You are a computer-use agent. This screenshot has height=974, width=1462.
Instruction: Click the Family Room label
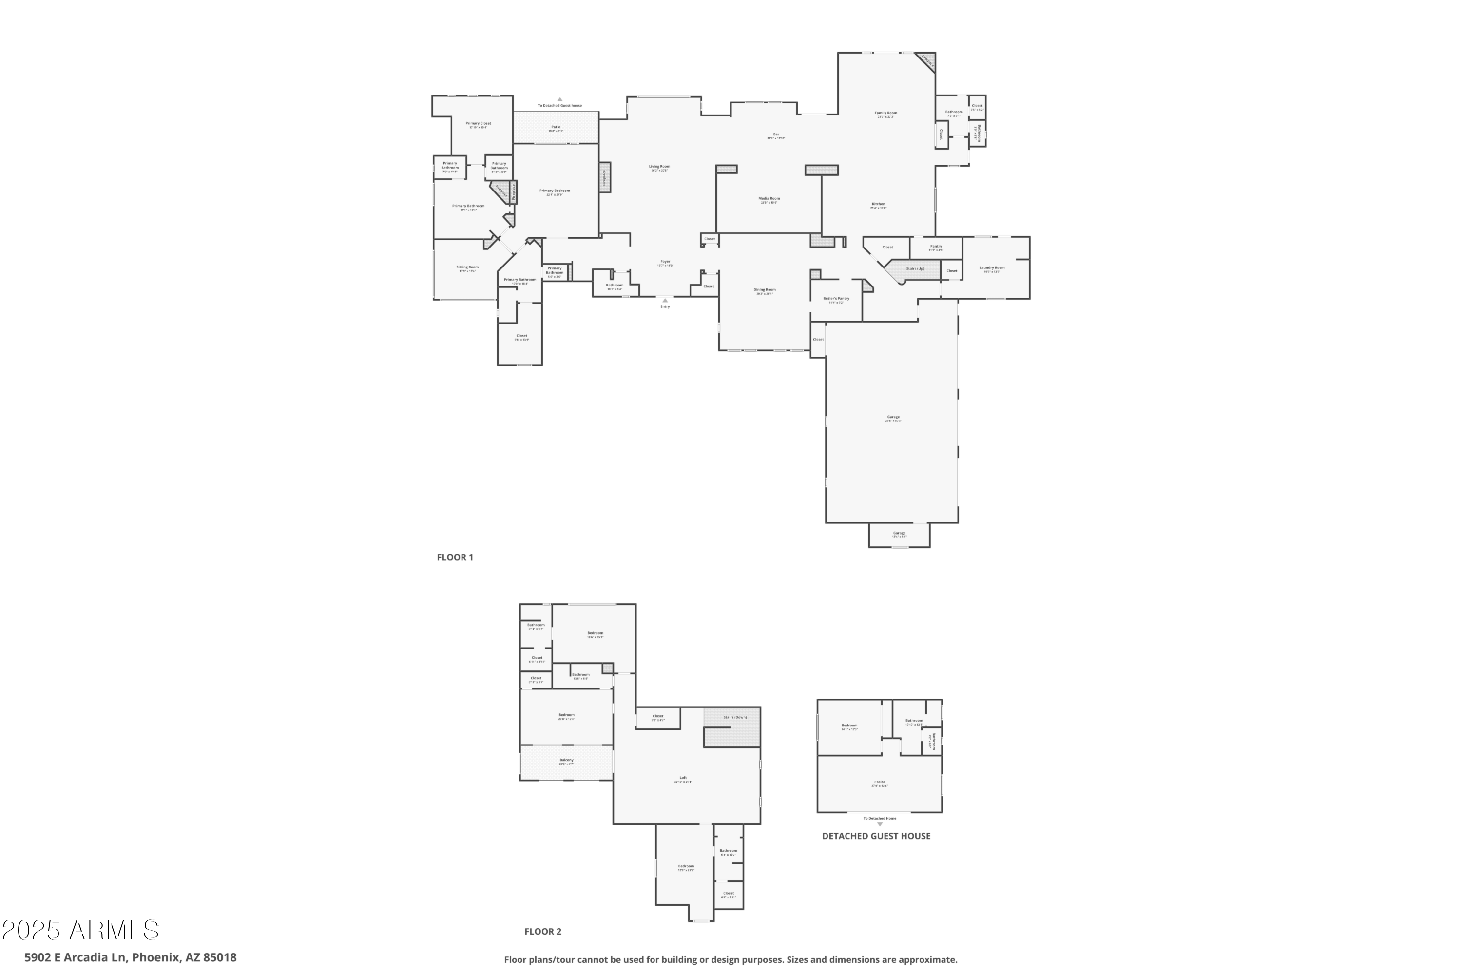pyautogui.click(x=885, y=113)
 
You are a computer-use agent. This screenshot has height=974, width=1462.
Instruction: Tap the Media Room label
pyautogui.click(x=769, y=199)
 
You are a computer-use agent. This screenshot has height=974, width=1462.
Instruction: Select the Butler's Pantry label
pyautogui.click(x=836, y=299)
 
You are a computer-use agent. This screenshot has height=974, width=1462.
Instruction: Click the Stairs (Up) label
pyautogui.click(x=915, y=269)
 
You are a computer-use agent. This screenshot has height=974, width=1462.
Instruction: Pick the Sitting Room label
pyautogui.click(x=467, y=267)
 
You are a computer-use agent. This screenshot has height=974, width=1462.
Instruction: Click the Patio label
pyautogui.click(x=556, y=127)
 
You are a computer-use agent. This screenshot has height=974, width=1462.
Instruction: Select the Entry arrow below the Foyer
pyautogui.click(x=665, y=301)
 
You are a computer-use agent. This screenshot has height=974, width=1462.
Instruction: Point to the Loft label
pyautogui.click(x=683, y=778)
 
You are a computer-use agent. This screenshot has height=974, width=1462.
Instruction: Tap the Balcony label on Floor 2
pyautogui.click(x=566, y=760)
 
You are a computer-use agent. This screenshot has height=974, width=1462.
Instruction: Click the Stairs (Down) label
pyautogui.click(x=734, y=717)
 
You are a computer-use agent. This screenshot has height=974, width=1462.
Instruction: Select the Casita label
pyautogui.click(x=879, y=783)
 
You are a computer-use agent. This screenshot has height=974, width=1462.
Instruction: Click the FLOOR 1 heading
pyautogui.click(x=455, y=557)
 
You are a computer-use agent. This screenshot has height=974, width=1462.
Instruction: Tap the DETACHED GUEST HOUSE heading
pyautogui.click(x=876, y=836)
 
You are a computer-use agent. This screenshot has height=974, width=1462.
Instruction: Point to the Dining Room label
pyautogui.click(x=764, y=290)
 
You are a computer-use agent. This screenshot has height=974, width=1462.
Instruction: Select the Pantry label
pyautogui.click(x=936, y=247)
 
